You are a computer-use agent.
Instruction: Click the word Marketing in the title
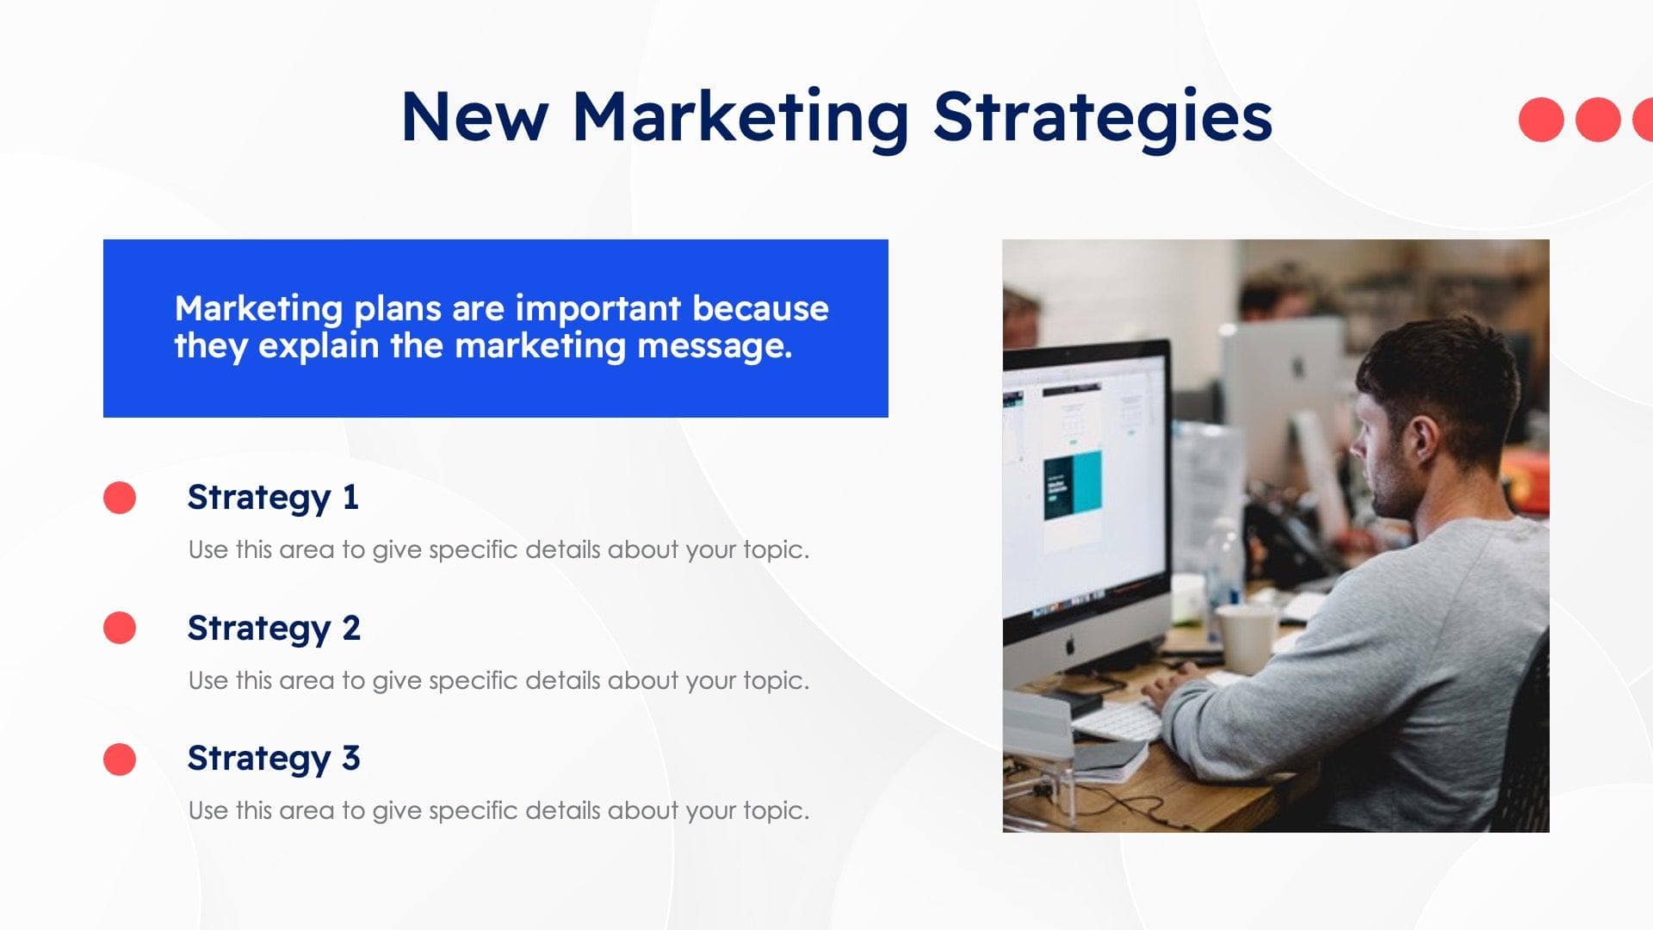pos(740,117)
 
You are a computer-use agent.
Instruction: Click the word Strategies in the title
pos(1103,117)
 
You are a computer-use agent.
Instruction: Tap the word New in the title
pos(474,117)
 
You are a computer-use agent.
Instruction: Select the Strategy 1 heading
pos(273,498)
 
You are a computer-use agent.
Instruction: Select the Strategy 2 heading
pos(274,629)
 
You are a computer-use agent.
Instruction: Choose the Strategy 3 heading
pos(274,759)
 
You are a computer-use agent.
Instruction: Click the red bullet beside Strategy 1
pos(120,498)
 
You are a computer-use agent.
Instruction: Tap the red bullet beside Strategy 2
pos(120,628)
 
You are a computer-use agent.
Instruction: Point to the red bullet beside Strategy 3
pos(120,759)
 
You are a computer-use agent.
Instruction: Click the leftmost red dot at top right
pos(1541,120)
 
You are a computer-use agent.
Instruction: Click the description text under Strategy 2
pos(498,681)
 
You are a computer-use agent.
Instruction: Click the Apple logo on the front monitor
pos(1070,645)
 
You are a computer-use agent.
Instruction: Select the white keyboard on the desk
pos(1119,719)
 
